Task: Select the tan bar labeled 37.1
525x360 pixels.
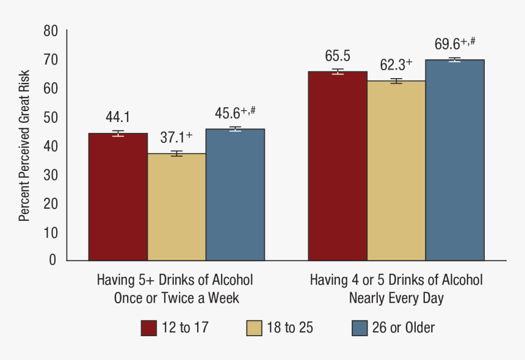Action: pyautogui.click(x=176, y=207)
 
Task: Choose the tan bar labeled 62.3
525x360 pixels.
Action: pyautogui.click(x=396, y=170)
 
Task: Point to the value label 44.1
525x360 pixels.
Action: pyautogui.click(x=118, y=117)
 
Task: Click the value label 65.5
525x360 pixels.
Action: pyautogui.click(x=338, y=56)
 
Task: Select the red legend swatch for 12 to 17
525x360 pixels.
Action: pyautogui.click(x=149, y=328)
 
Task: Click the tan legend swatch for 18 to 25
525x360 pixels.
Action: pyautogui.click(x=255, y=328)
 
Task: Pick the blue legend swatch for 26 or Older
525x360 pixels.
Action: pyautogui.click(x=360, y=328)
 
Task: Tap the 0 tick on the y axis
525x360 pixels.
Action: pyautogui.click(x=52, y=261)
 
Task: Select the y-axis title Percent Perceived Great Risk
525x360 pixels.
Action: pyautogui.click(x=24, y=146)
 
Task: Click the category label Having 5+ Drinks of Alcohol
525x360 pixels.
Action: pyautogui.click(x=175, y=280)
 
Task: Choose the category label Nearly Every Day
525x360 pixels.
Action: pyautogui.click(x=396, y=298)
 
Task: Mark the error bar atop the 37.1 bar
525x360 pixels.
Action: pyautogui.click(x=176, y=153)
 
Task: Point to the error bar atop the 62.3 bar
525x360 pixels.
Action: pyautogui.click(x=396, y=81)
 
